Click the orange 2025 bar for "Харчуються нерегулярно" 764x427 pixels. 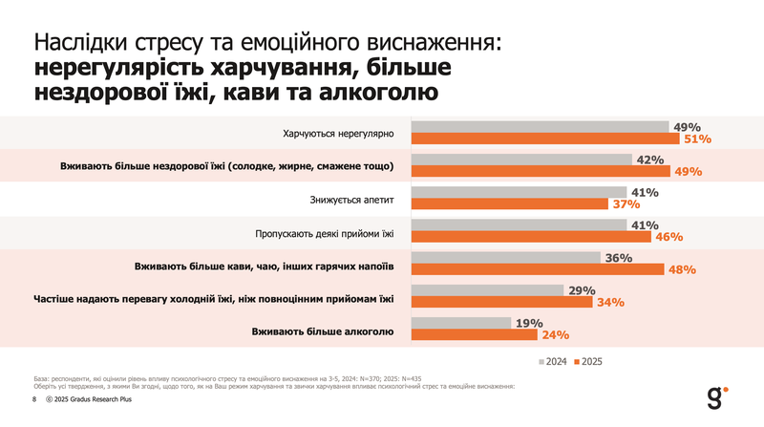(x=544, y=139)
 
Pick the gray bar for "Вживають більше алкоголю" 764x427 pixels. (x=461, y=324)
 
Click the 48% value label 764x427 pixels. (x=681, y=270)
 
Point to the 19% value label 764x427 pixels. (x=529, y=323)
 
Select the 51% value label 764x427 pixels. (x=695, y=139)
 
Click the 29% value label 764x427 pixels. (x=581, y=290)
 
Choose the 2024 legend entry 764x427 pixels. (x=554, y=362)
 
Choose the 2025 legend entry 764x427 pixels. (x=589, y=362)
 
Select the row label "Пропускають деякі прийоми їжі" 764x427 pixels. (x=325, y=232)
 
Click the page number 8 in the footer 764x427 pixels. (x=35, y=399)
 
